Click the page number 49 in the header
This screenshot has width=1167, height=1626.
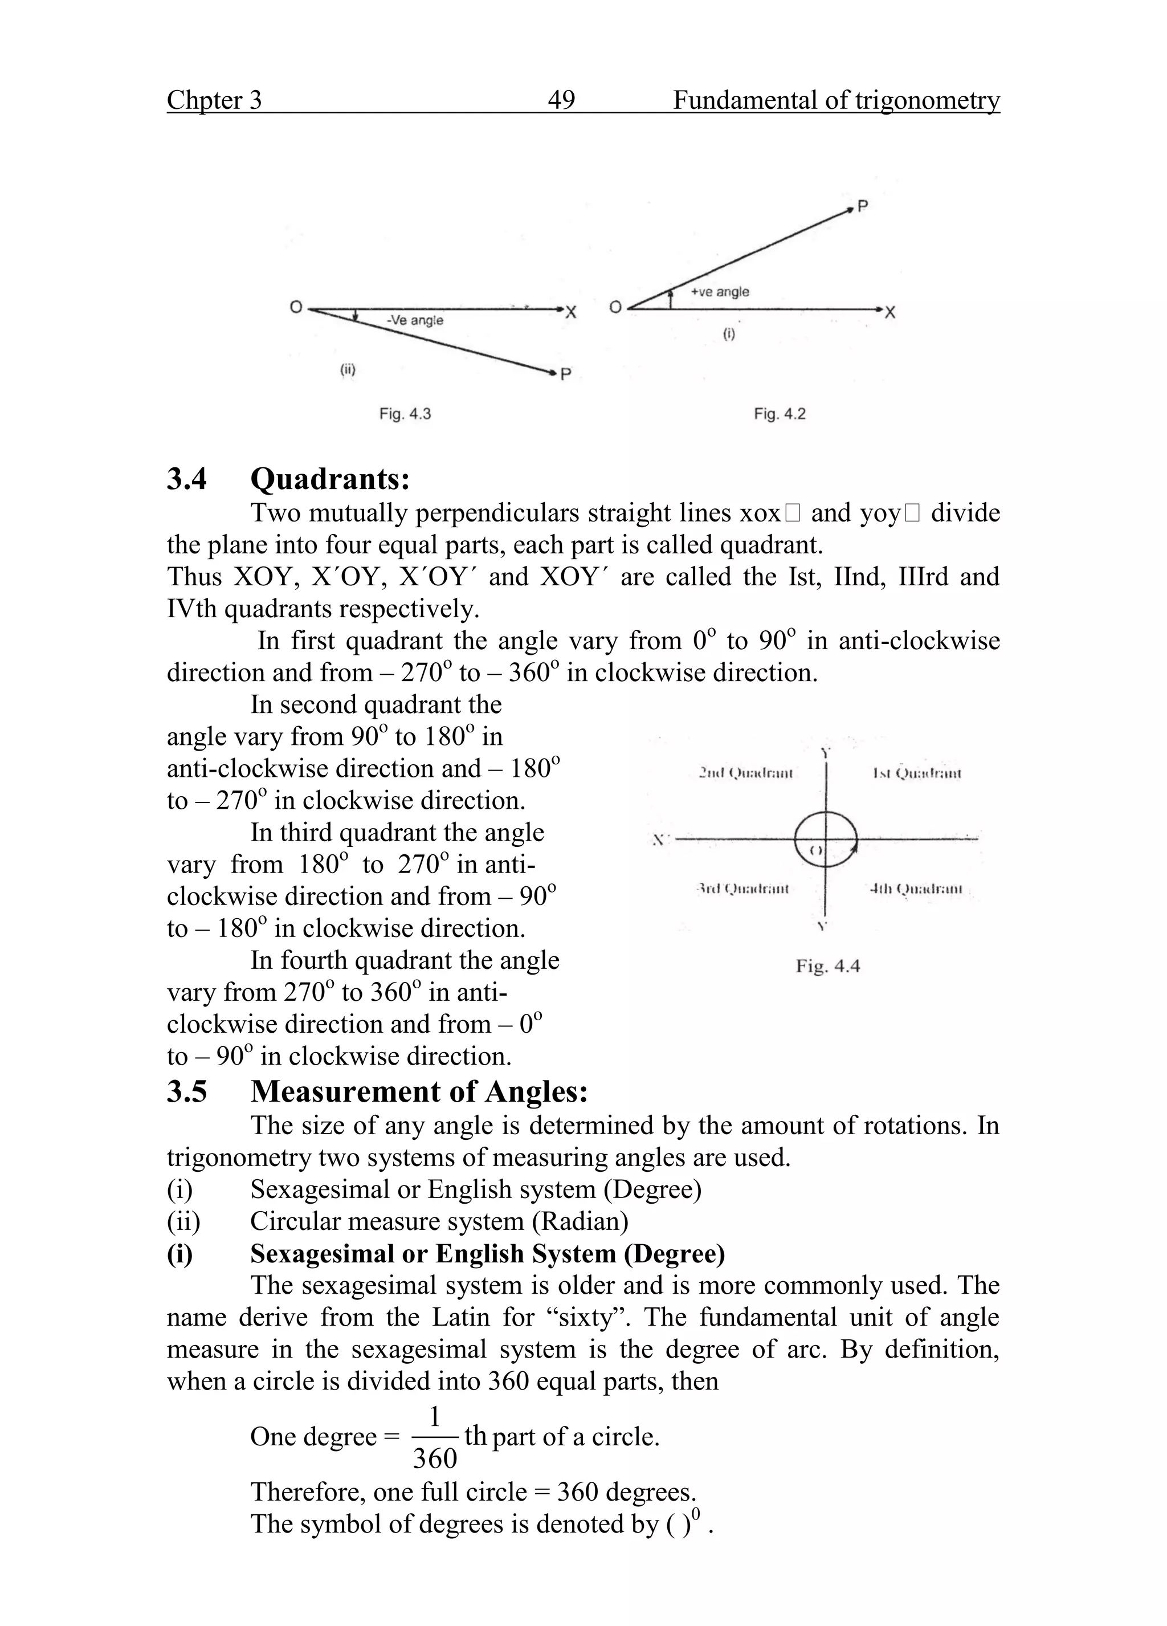[x=561, y=100]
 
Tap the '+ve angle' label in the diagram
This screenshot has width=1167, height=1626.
[x=720, y=292]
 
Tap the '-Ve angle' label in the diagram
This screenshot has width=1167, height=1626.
[x=414, y=320]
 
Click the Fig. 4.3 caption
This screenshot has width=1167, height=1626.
[x=405, y=414]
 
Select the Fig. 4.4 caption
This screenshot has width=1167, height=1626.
[x=827, y=967]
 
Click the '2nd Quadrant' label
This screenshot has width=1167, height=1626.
[x=745, y=773]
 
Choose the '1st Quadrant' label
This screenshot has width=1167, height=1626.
[x=917, y=773]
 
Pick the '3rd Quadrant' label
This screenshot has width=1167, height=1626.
[x=742, y=889]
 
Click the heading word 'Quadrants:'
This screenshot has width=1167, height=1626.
[x=330, y=478]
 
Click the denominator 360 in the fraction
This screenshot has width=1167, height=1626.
[x=435, y=1458]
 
